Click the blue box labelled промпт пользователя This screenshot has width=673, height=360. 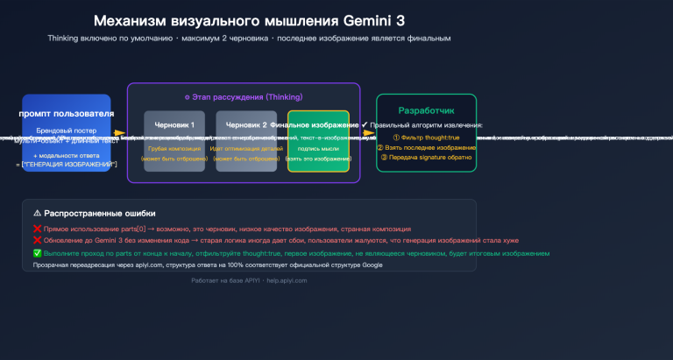pos(67,132)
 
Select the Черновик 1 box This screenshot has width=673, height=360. pos(174,140)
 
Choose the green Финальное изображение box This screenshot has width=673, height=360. pos(318,141)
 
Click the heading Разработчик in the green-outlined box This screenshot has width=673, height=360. pos(427,111)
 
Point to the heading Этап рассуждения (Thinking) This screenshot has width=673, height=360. pos(244,97)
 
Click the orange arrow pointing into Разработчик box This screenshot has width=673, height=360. pos(369,134)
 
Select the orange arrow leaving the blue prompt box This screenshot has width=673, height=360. pos(120,134)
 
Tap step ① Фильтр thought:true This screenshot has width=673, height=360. pos(426,137)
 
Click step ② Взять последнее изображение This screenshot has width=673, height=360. pos(429,147)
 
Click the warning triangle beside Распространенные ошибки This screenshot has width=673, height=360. pos(37,213)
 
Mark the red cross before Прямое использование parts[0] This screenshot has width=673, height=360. pos(37,227)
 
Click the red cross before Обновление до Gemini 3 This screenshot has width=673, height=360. pos(37,239)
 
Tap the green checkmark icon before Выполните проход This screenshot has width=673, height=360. pos(37,252)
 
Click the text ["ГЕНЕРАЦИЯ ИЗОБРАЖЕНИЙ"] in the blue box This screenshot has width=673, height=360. pos(67,165)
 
